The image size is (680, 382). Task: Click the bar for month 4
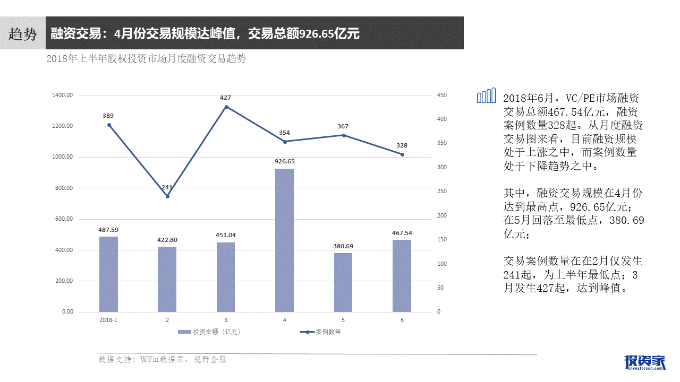pos(284,240)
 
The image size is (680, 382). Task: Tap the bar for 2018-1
pos(108,274)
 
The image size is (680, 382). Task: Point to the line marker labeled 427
pos(226,107)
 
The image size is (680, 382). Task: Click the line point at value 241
pos(167,196)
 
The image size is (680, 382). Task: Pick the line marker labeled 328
pos(402,154)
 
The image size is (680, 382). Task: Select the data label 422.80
pos(167,240)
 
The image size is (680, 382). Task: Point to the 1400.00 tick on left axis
pos(63,95)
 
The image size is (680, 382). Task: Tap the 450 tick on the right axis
pos(442,95)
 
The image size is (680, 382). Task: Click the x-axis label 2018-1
pos(108,320)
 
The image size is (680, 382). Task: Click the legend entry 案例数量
pos(321,332)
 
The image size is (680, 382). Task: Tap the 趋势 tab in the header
pos(23,34)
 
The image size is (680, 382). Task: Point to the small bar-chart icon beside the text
pos(486,95)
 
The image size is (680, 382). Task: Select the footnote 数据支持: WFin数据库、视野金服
pos(163,360)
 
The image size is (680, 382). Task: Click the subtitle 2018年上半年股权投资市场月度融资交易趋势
pos(146,59)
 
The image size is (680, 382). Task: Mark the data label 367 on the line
pos(343,126)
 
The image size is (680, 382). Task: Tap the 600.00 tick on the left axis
pos(63,219)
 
